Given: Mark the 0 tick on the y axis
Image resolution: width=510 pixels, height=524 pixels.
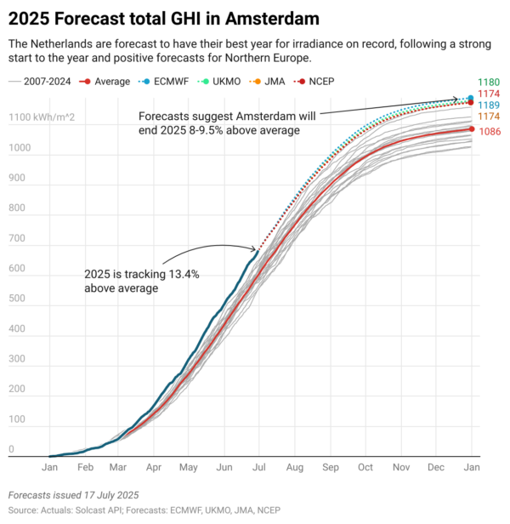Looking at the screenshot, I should point(11,448).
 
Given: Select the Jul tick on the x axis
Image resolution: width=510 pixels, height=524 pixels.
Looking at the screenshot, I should point(259,467).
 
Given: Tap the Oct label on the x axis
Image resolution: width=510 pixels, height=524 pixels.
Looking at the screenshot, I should point(366,467).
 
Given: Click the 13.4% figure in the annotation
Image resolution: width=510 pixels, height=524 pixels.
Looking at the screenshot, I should point(181,274).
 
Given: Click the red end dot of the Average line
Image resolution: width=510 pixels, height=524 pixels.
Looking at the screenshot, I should point(472,129).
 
